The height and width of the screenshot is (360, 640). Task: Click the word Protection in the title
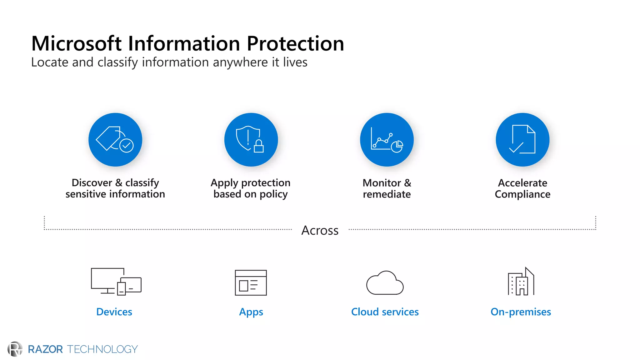(x=295, y=43)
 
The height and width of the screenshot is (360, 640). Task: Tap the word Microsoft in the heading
(x=76, y=43)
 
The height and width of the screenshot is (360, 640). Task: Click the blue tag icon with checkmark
(x=115, y=140)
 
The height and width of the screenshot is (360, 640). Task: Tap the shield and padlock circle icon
(x=251, y=140)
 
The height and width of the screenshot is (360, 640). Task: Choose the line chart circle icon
(x=387, y=140)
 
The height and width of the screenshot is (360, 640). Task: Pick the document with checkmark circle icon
(x=522, y=140)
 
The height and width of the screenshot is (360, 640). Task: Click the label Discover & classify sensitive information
(x=115, y=188)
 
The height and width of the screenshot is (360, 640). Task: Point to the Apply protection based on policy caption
(x=251, y=188)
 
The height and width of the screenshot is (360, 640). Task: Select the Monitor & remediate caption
(x=387, y=188)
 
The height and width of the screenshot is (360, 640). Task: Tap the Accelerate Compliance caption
(x=522, y=188)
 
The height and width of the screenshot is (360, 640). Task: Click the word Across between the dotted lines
(x=320, y=230)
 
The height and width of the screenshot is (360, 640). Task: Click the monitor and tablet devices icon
(x=116, y=281)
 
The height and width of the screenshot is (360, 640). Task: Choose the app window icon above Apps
(x=251, y=283)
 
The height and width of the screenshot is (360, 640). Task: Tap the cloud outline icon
(x=385, y=283)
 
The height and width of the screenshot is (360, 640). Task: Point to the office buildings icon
(x=521, y=282)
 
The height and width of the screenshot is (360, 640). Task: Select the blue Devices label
(x=114, y=312)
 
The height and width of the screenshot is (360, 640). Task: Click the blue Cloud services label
(x=385, y=312)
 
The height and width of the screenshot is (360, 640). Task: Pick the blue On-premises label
(x=521, y=312)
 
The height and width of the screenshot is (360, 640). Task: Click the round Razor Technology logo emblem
(x=15, y=349)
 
